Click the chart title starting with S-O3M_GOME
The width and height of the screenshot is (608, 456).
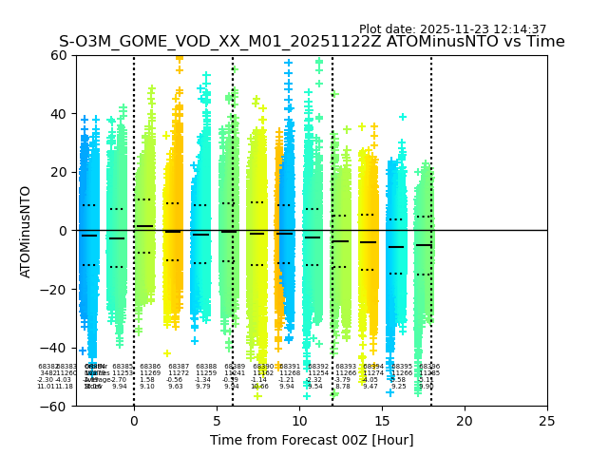click(312, 42)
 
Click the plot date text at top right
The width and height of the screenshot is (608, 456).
click(452, 29)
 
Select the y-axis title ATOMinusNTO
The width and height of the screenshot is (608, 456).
click(27, 231)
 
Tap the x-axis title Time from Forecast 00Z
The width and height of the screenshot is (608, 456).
click(312, 440)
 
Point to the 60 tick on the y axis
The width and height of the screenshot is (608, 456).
click(58, 55)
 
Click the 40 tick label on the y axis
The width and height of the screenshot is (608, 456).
click(58, 114)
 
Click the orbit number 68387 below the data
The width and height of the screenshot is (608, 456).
click(179, 367)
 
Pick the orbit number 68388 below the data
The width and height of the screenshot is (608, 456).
click(206, 367)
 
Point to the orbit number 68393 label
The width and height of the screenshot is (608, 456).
click(346, 367)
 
